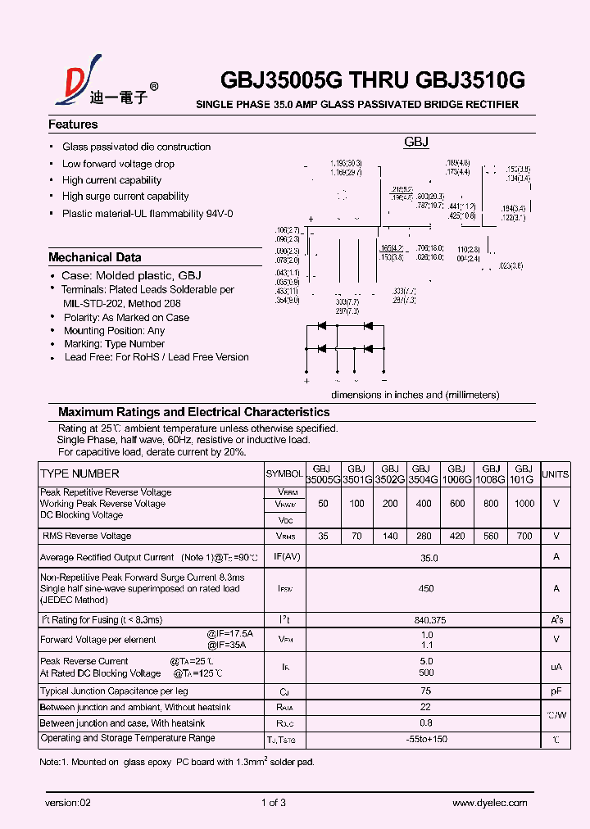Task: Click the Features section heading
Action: click(x=73, y=125)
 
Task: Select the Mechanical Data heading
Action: click(x=95, y=257)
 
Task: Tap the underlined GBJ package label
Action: click(x=416, y=143)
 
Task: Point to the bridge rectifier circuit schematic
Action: click(x=345, y=348)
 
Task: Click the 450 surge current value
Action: click(x=426, y=588)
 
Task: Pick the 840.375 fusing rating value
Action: click(x=426, y=620)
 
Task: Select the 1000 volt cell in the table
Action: click(x=524, y=504)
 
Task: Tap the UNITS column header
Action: click(x=556, y=474)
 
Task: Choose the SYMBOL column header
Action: click(x=284, y=474)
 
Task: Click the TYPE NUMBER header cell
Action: click(x=79, y=473)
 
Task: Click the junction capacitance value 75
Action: click(x=426, y=691)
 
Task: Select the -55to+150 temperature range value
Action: click(x=427, y=739)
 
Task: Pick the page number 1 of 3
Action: click(x=273, y=803)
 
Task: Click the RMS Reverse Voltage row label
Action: click(x=87, y=536)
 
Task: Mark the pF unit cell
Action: click(x=556, y=691)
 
